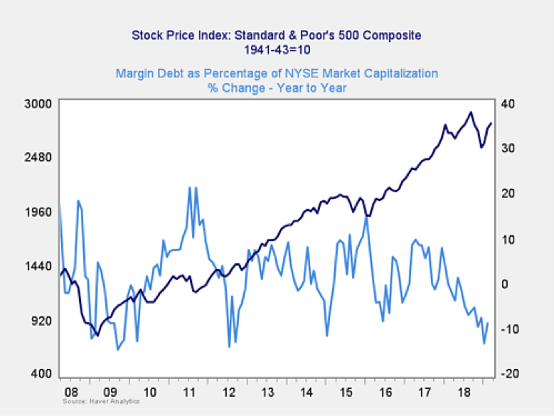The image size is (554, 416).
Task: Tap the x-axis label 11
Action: click(x=190, y=393)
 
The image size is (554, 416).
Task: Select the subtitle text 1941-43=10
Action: click(x=277, y=50)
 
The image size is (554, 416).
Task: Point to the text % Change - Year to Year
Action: click(x=277, y=88)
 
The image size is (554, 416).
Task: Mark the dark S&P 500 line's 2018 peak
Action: click(x=470, y=112)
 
